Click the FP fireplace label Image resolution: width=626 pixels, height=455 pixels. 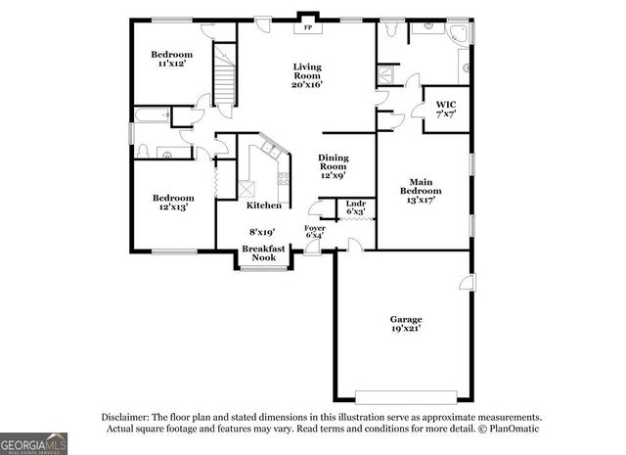(308, 27)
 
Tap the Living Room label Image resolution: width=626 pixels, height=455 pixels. (308, 75)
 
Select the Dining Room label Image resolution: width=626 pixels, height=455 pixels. (333, 167)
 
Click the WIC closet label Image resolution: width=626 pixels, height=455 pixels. (446, 108)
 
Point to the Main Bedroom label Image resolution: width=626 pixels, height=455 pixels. (421, 188)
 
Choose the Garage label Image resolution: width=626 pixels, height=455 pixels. (403, 324)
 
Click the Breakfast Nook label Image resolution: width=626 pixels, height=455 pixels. (264, 253)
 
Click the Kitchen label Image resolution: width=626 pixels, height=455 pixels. (264, 205)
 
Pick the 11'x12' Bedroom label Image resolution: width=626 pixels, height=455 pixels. (171, 59)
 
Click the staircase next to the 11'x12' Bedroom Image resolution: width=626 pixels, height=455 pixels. (227, 73)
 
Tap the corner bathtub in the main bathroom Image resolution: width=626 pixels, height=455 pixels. (457, 33)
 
